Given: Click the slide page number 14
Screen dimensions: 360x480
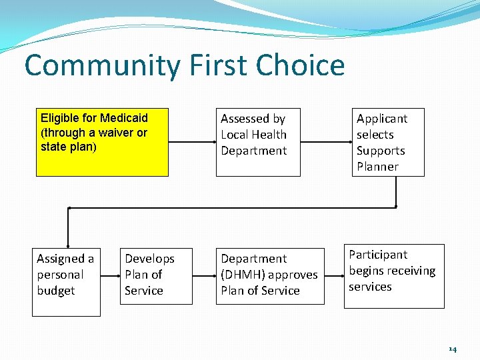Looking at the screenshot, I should tap(453, 349).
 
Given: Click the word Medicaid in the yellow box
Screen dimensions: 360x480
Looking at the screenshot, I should tap(124, 118).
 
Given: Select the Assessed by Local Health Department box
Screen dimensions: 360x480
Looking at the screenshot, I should tap(258, 142).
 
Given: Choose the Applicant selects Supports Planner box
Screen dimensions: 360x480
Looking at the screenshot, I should tap(388, 142).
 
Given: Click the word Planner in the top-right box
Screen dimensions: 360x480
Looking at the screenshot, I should tap(377, 167).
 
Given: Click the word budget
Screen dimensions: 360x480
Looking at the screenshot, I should tap(56, 291).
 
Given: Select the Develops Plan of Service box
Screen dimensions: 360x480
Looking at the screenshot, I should tap(156, 276).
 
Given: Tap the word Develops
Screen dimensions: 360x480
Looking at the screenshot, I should tap(149, 259).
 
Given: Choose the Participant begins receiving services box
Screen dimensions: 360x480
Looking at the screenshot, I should tap(393, 276).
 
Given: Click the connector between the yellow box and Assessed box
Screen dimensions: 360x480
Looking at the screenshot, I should tap(192, 142).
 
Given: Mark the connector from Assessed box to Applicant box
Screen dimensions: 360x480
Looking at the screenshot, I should tap(325, 142).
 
